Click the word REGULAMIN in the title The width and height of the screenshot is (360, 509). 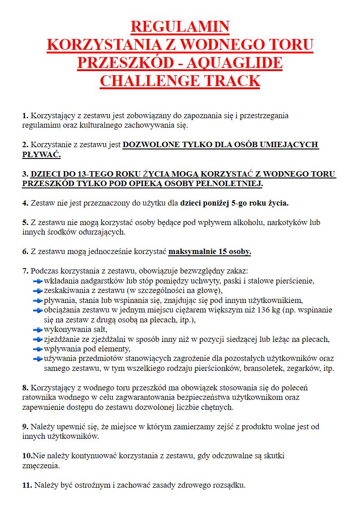click(x=180, y=27)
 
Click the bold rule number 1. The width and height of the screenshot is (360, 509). click(x=25, y=116)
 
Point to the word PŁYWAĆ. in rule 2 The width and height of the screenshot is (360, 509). click(x=41, y=154)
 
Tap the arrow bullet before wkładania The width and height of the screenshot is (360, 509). click(x=38, y=281)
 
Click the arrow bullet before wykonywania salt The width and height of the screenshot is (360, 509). click(x=38, y=330)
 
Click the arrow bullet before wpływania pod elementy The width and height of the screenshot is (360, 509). click(x=38, y=350)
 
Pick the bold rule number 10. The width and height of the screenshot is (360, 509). click(x=27, y=456)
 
